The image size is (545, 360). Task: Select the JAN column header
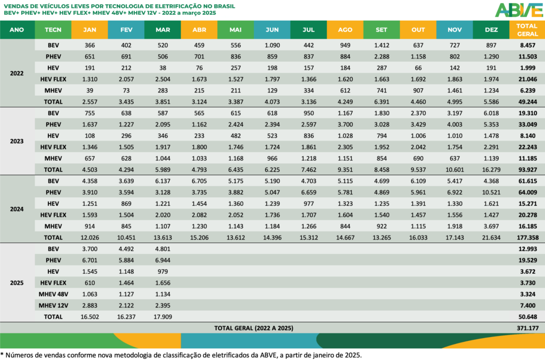[x=89, y=30]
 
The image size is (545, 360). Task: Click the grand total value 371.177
[x=524, y=328]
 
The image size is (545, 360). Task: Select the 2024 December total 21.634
[x=491, y=237]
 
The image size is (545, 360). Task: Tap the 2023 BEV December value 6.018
[x=491, y=113]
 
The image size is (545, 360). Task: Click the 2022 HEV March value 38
[x=162, y=68]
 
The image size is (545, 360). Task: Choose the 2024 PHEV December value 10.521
[x=491, y=192]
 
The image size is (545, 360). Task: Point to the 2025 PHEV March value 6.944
[x=162, y=260]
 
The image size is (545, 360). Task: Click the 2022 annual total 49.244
[x=524, y=102]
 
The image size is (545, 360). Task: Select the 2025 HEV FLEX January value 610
[x=89, y=282]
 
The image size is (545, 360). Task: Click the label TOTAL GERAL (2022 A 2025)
[x=253, y=328]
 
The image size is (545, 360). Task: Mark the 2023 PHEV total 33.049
[x=524, y=124]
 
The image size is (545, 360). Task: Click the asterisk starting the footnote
[x=2, y=354]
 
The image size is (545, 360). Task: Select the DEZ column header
[x=491, y=30]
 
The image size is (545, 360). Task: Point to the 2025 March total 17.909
[x=162, y=316]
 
